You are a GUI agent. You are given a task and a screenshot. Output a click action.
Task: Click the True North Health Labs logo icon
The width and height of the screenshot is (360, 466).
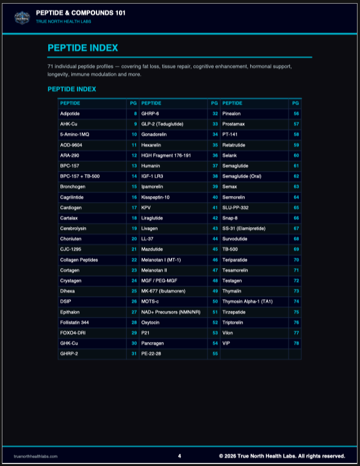[x=23, y=17]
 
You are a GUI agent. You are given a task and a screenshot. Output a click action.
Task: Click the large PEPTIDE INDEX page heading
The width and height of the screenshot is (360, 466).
[x=83, y=48]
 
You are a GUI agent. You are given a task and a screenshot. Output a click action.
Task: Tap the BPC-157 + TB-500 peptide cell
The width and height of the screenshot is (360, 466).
[x=80, y=177]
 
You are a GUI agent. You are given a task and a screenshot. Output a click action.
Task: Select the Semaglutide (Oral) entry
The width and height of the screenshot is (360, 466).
[x=246, y=177]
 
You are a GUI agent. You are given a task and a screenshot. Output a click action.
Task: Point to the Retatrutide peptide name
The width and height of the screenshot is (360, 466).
[x=236, y=145]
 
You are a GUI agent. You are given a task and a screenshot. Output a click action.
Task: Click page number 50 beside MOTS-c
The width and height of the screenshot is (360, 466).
[x=215, y=301]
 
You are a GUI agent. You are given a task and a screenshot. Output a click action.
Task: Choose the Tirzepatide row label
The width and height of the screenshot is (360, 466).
[x=235, y=311]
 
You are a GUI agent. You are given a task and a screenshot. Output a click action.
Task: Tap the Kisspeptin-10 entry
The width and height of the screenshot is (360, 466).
[x=156, y=197]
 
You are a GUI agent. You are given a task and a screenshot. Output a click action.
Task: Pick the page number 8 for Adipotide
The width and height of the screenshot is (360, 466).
[x=135, y=114]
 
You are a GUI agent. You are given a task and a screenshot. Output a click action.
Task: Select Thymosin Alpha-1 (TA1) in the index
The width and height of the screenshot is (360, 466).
[x=247, y=301]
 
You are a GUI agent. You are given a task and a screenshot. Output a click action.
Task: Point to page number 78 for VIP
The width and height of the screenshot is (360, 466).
[x=296, y=343]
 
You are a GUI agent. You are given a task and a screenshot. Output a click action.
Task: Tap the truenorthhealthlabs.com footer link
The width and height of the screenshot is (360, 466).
[x=35, y=456]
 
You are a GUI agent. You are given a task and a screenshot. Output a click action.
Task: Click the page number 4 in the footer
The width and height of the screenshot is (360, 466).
[x=179, y=456]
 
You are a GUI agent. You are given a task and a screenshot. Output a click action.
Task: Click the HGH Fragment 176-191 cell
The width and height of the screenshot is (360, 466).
[x=166, y=156]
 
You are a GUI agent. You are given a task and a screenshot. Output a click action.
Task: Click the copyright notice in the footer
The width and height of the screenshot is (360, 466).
[x=282, y=456]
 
